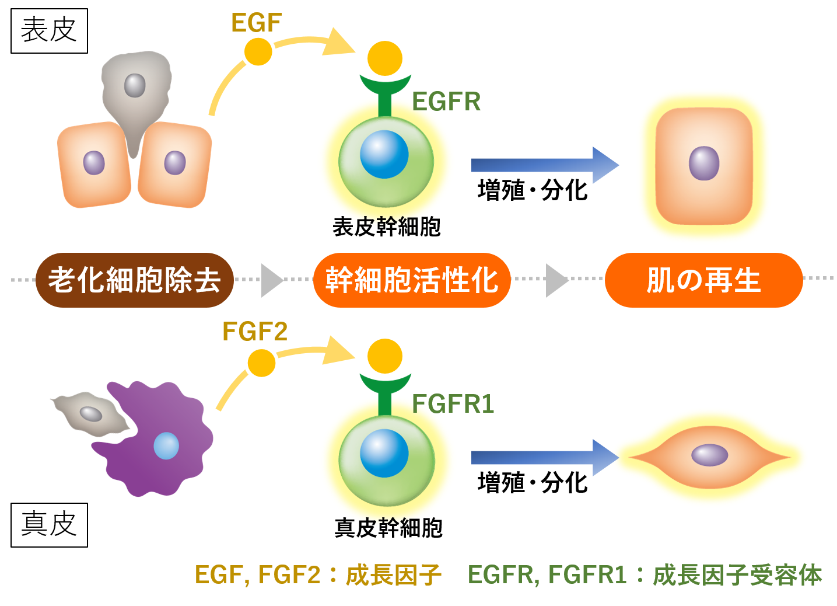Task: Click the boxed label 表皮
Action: point(49,31)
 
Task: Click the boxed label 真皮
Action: point(49,524)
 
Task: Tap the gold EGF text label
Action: point(256,23)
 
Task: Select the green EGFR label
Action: point(446,102)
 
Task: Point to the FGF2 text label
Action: point(255,332)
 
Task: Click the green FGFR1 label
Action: point(453,404)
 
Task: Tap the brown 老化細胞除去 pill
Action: point(135,280)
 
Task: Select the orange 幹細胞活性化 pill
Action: point(412,280)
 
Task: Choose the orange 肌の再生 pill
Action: point(703,280)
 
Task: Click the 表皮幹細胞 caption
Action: point(386,227)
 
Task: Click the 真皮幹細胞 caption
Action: point(388,528)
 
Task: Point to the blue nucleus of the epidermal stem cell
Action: point(384,155)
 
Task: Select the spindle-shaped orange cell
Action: point(709,455)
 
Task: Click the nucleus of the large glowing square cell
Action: point(704,163)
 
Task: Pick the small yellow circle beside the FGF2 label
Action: point(261,363)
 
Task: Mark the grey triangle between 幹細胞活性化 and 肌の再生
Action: point(556,280)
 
